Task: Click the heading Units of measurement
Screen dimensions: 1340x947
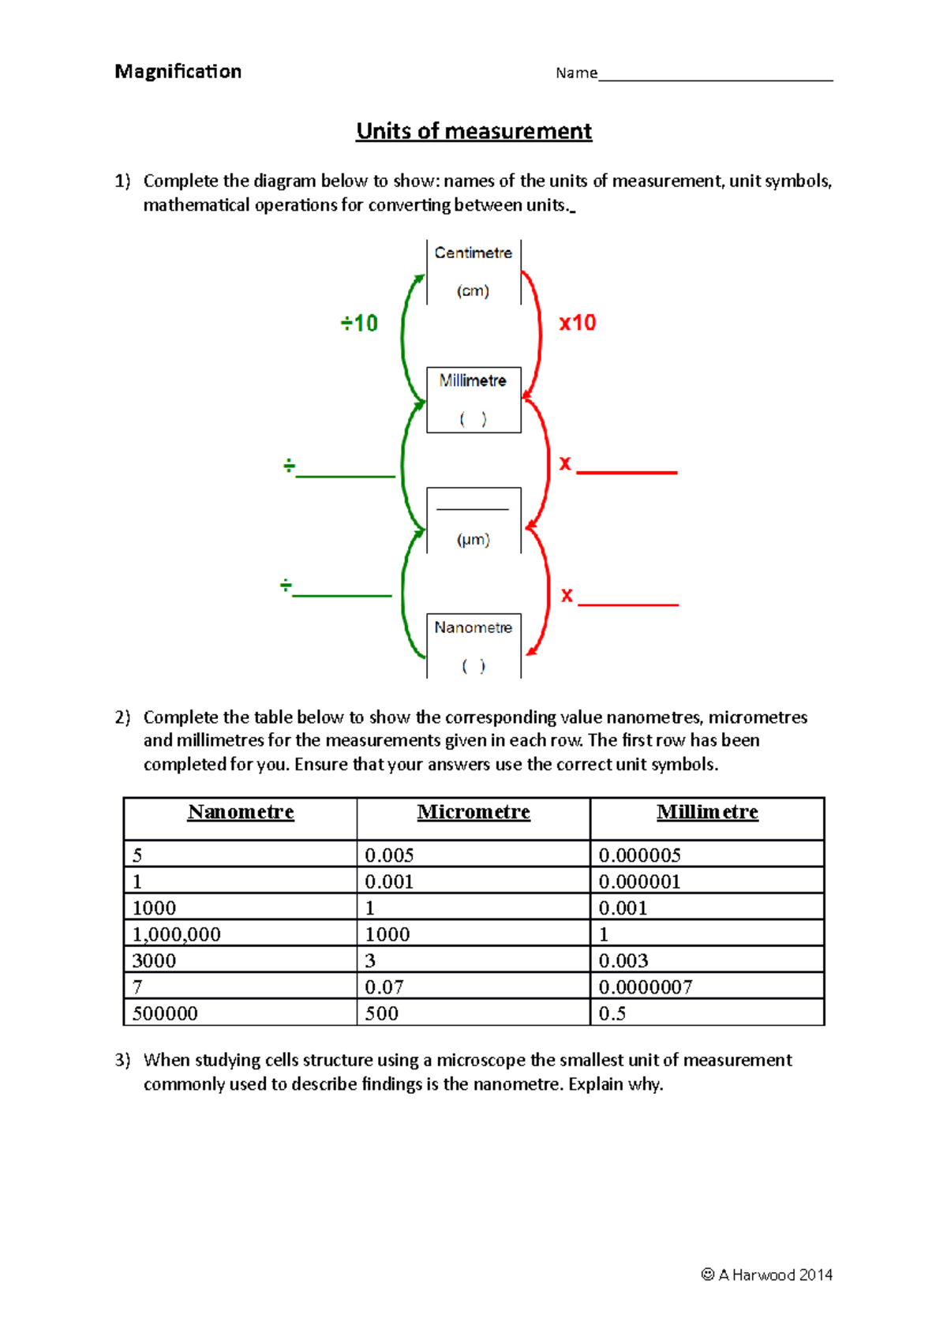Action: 473,131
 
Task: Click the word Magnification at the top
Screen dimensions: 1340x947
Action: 178,72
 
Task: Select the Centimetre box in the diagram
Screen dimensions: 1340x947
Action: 473,271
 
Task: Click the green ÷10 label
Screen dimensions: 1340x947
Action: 359,324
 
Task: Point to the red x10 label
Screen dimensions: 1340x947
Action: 578,323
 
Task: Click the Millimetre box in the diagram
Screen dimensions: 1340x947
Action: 473,399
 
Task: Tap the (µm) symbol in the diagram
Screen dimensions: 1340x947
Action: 473,540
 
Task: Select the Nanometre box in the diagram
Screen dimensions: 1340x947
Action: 473,646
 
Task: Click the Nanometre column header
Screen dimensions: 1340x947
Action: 241,812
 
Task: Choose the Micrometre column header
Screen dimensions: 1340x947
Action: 473,812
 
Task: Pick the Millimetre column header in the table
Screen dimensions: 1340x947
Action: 707,812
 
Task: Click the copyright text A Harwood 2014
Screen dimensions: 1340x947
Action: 767,1274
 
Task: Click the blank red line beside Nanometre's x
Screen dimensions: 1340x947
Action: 628,604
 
